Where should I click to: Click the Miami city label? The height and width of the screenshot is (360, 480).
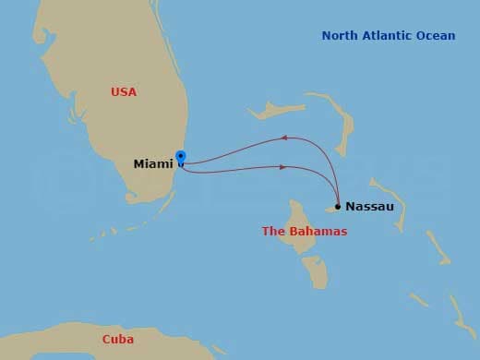coord(152,163)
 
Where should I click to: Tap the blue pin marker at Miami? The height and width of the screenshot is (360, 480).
coord(180,157)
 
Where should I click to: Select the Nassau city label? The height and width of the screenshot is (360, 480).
coord(369,206)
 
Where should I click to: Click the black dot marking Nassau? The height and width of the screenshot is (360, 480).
coord(338,206)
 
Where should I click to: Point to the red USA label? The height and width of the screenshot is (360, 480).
coord(123,92)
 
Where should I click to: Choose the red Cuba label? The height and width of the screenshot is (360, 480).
coord(117,340)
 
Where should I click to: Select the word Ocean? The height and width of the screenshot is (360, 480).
coord(437,36)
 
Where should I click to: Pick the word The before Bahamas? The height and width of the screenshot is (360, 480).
coord(274,232)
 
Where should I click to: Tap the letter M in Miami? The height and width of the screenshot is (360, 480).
coord(139,163)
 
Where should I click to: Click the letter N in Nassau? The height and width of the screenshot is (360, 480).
coord(351,206)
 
